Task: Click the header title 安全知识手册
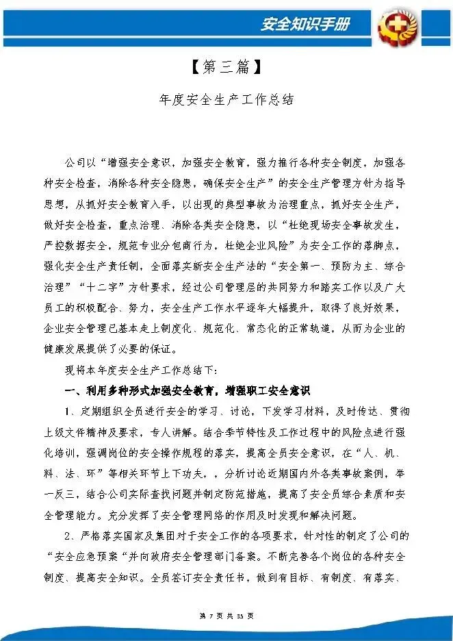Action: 305,24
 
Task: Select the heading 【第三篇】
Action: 226,67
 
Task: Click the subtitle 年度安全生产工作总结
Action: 226,99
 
